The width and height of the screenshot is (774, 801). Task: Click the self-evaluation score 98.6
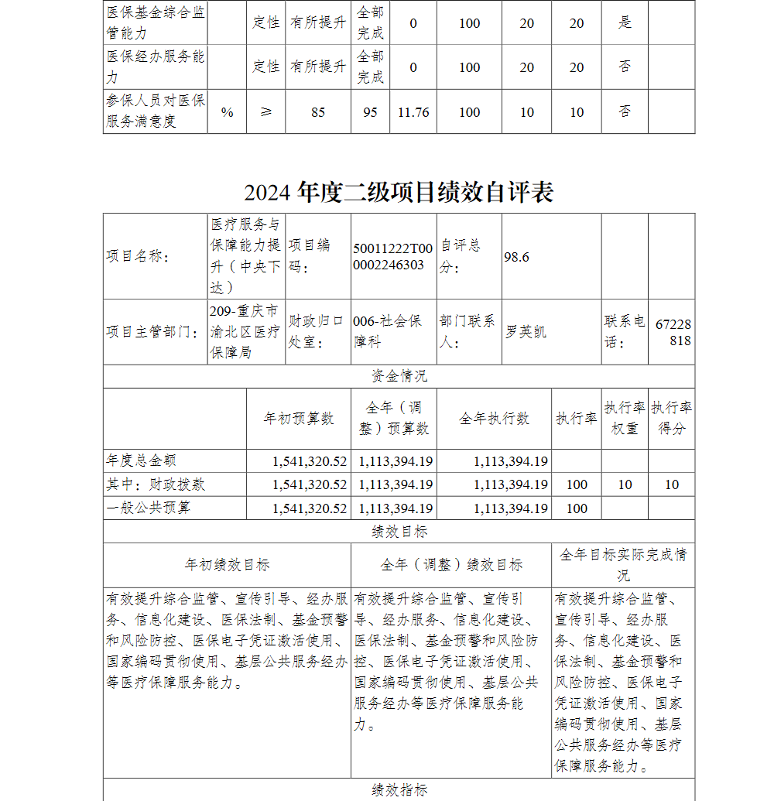pyautogui.click(x=516, y=257)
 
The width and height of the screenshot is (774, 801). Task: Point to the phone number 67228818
pyautogui.click(x=673, y=332)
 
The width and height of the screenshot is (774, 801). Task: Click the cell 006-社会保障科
pyautogui.click(x=388, y=331)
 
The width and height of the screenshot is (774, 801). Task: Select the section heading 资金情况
pyautogui.click(x=399, y=377)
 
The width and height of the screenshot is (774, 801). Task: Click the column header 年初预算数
pyautogui.click(x=299, y=419)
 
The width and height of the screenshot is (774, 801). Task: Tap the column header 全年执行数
pyautogui.click(x=494, y=419)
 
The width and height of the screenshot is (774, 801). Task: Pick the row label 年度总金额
pyautogui.click(x=142, y=460)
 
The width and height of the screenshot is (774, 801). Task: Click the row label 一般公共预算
pyautogui.click(x=148, y=508)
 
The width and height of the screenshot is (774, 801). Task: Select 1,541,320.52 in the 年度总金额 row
pyautogui.click(x=310, y=461)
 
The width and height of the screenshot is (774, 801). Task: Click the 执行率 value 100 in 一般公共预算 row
pyautogui.click(x=577, y=508)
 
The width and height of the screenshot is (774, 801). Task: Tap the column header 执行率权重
pyautogui.click(x=625, y=418)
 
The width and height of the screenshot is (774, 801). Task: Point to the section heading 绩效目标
pyautogui.click(x=399, y=532)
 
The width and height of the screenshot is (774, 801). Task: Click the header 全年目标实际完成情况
pyautogui.click(x=623, y=565)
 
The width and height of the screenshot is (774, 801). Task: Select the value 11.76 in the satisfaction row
pyautogui.click(x=413, y=112)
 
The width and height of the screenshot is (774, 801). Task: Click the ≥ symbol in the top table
pyautogui.click(x=266, y=112)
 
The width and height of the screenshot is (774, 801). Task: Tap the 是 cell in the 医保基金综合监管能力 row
pyautogui.click(x=625, y=23)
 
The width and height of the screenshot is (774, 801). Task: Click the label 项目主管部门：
pyautogui.click(x=153, y=332)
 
